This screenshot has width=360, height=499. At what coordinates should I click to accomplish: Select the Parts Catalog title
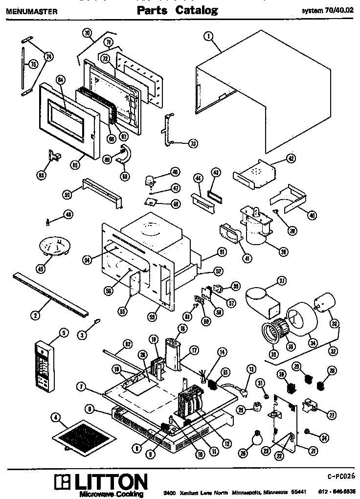177,10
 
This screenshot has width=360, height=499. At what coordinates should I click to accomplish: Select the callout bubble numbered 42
291,158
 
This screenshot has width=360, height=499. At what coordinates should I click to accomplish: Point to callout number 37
282,281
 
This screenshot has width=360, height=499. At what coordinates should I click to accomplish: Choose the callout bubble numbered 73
193,143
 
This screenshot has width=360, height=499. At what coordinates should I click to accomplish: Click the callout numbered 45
41,268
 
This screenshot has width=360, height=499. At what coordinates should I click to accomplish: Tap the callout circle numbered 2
35,315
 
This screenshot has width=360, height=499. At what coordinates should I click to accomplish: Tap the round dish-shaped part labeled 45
54,245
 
